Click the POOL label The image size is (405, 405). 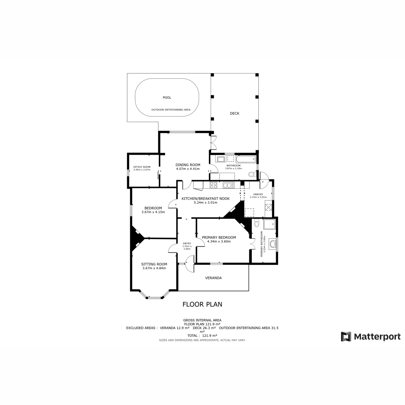[x=167, y=98]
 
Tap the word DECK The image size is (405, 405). [x=235, y=113]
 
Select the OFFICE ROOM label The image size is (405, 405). [x=142, y=167]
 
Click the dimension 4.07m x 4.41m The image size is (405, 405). [x=188, y=169]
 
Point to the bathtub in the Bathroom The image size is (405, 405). [x=246, y=159]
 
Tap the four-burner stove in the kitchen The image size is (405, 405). [x=214, y=185]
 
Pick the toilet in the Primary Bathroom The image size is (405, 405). [x=256, y=223]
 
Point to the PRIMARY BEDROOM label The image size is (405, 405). [x=219, y=237]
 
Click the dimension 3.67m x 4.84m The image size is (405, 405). [x=154, y=268]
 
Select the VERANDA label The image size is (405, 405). [x=213, y=278]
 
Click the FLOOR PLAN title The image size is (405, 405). [x=202, y=304]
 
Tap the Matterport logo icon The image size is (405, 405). [x=346, y=336]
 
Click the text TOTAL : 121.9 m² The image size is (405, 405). [x=202, y=335]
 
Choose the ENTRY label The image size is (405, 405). [x=187, y=243]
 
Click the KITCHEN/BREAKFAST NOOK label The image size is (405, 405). [x=206, y=199]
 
